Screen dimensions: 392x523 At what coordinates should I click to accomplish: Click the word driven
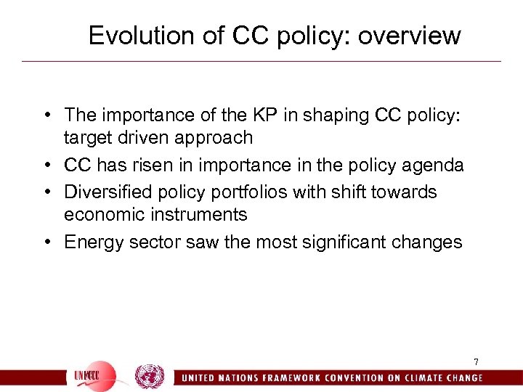[139, 138]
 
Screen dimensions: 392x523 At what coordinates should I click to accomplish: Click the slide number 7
[476, 362]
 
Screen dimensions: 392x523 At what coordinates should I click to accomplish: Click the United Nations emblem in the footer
[150, 377]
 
